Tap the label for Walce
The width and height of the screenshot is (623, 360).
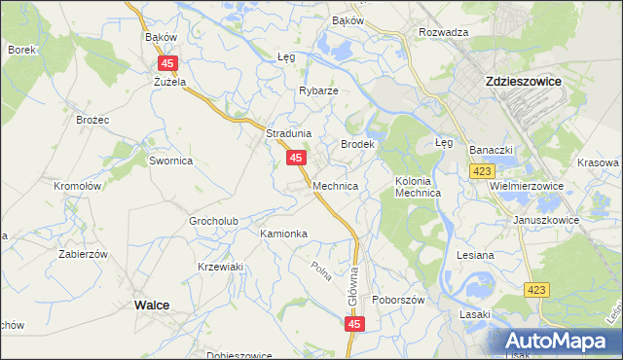[151, 305]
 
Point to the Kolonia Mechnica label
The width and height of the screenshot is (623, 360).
[419, 187]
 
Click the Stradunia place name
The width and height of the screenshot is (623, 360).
[288, 133]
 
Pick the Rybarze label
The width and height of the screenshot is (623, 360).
[318, 90]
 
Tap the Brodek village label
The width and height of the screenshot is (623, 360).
[357, 144]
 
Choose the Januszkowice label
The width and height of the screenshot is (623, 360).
[546, 220]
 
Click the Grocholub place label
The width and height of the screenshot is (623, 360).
[214, 221]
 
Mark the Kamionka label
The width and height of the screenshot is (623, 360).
[283, 234]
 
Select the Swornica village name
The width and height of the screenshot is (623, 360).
[171, 161]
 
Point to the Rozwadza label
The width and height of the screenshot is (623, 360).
[444, 32]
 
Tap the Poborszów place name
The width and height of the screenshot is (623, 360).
[399, 301]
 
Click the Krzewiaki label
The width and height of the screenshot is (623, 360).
[219, 267]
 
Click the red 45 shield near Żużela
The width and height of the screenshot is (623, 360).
[166, 62]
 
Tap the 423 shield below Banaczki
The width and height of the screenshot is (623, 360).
[479, 171]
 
